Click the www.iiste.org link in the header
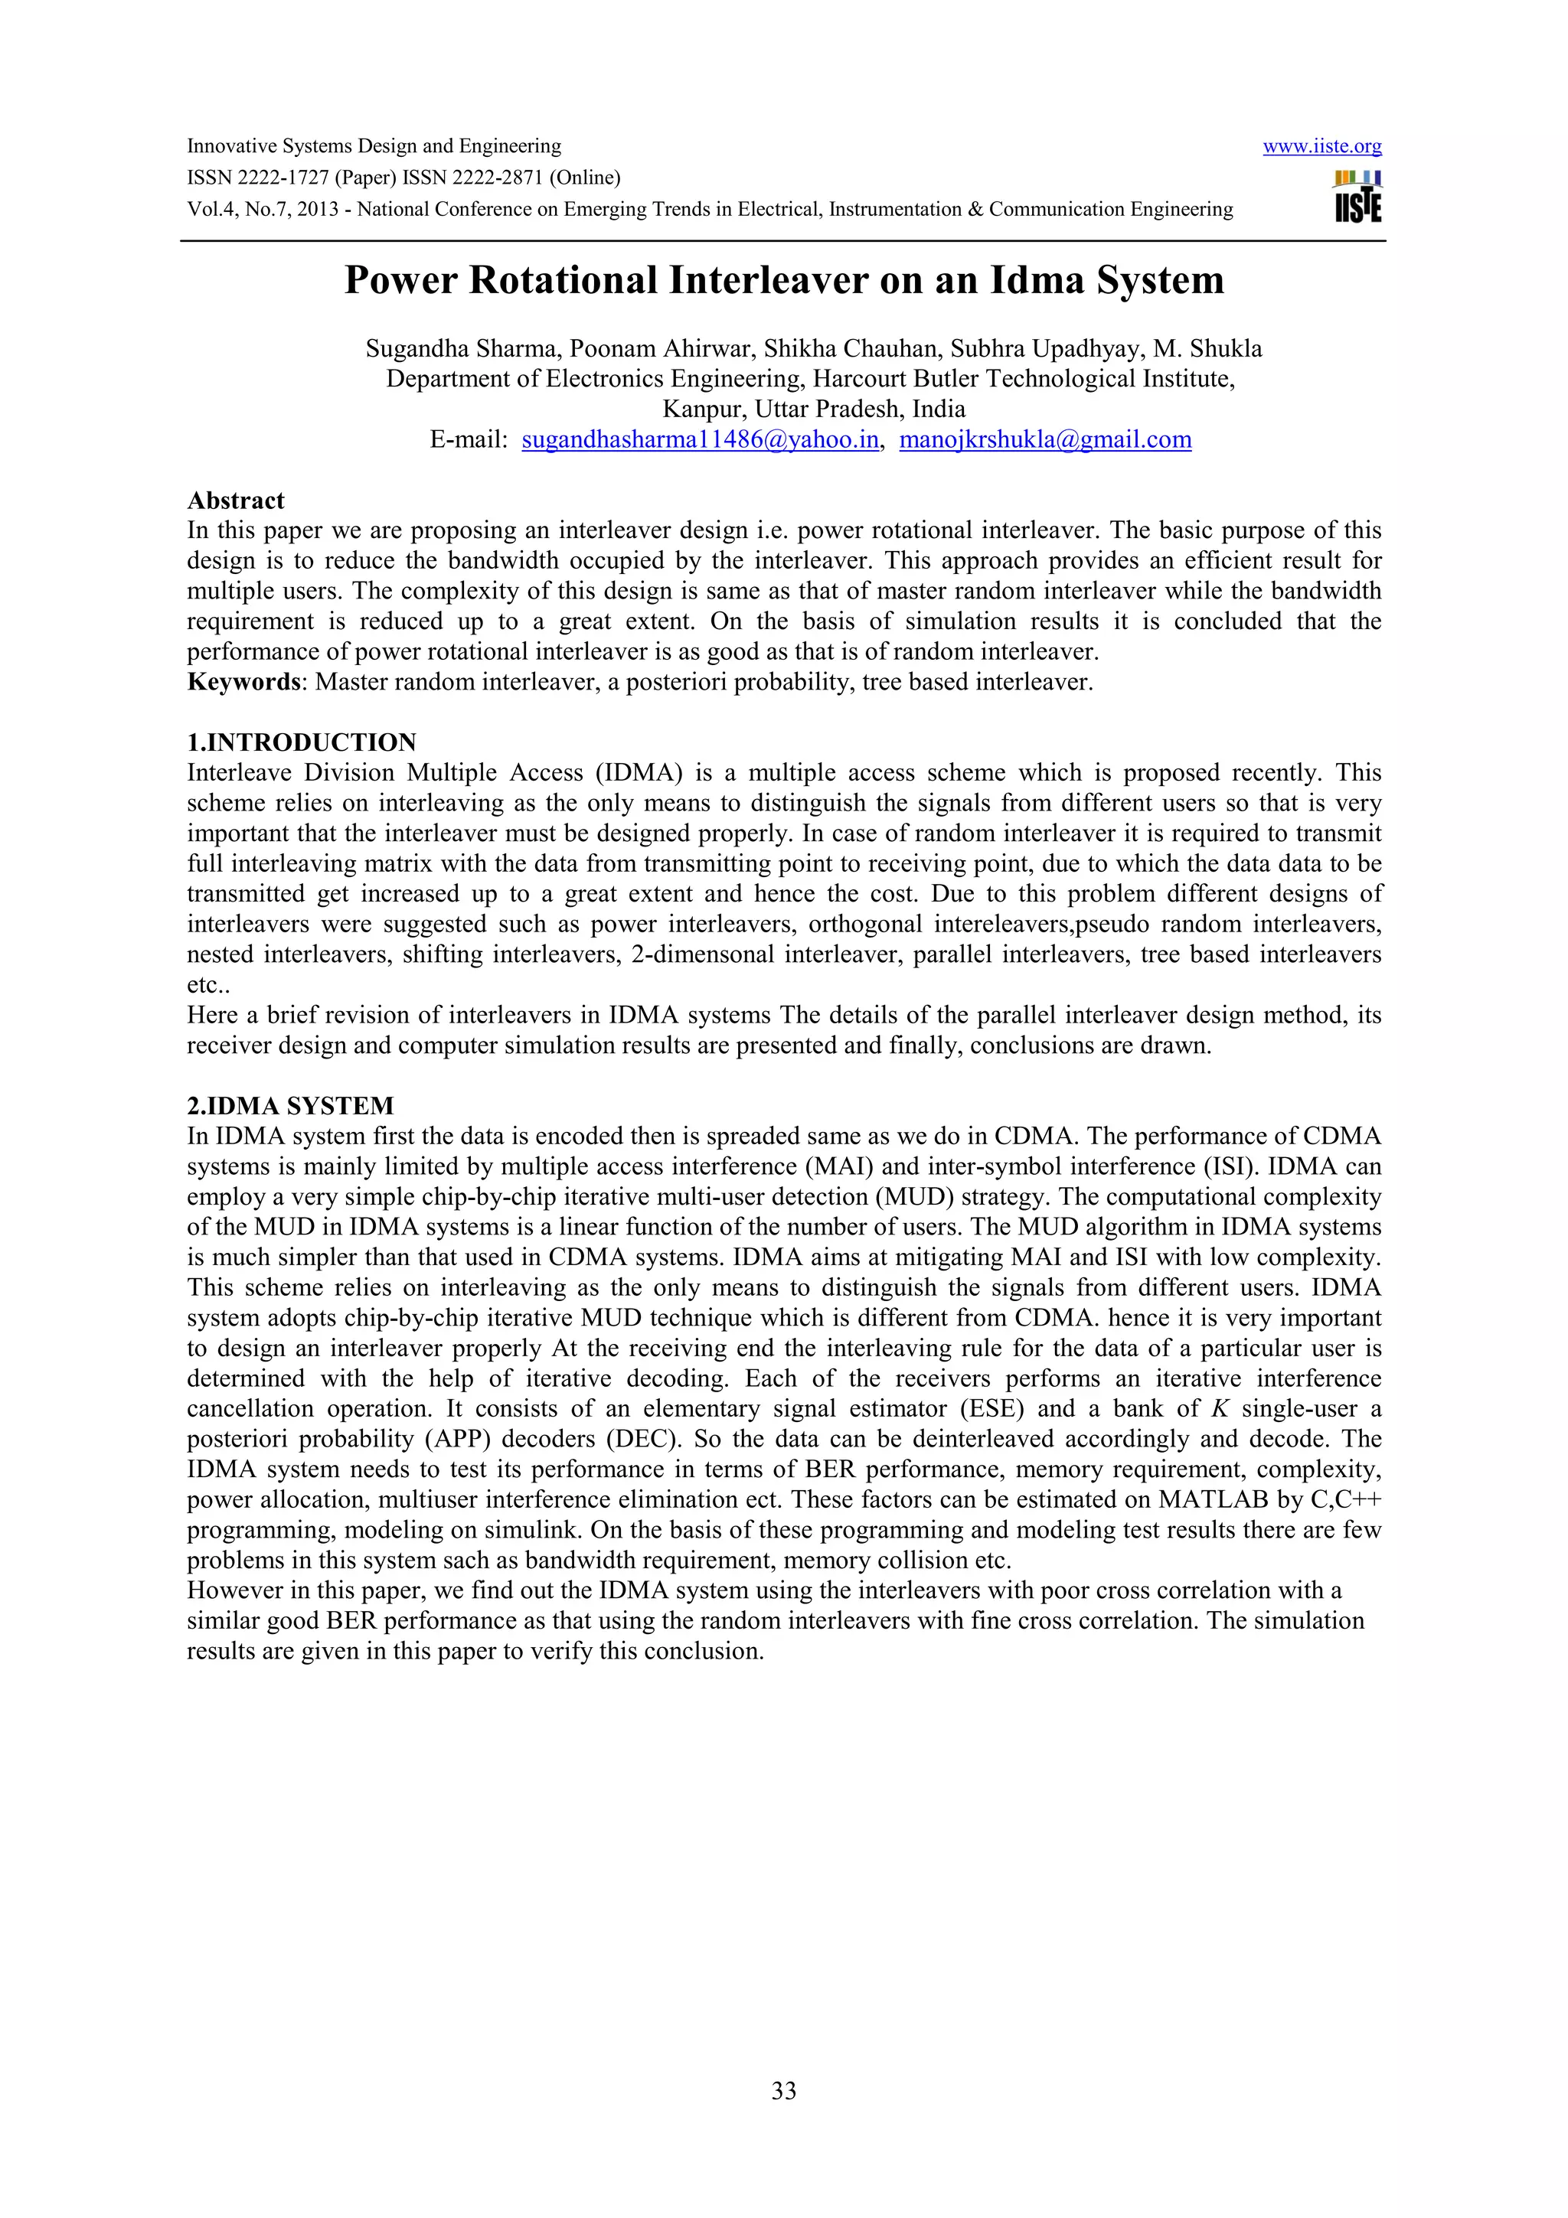click(1321, 147)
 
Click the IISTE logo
click(1357, 197)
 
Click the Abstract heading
click(236, 501)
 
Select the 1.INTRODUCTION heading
click(302, 743)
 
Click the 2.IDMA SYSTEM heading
click(290, 1106)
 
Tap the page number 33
click(783, 2090)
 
